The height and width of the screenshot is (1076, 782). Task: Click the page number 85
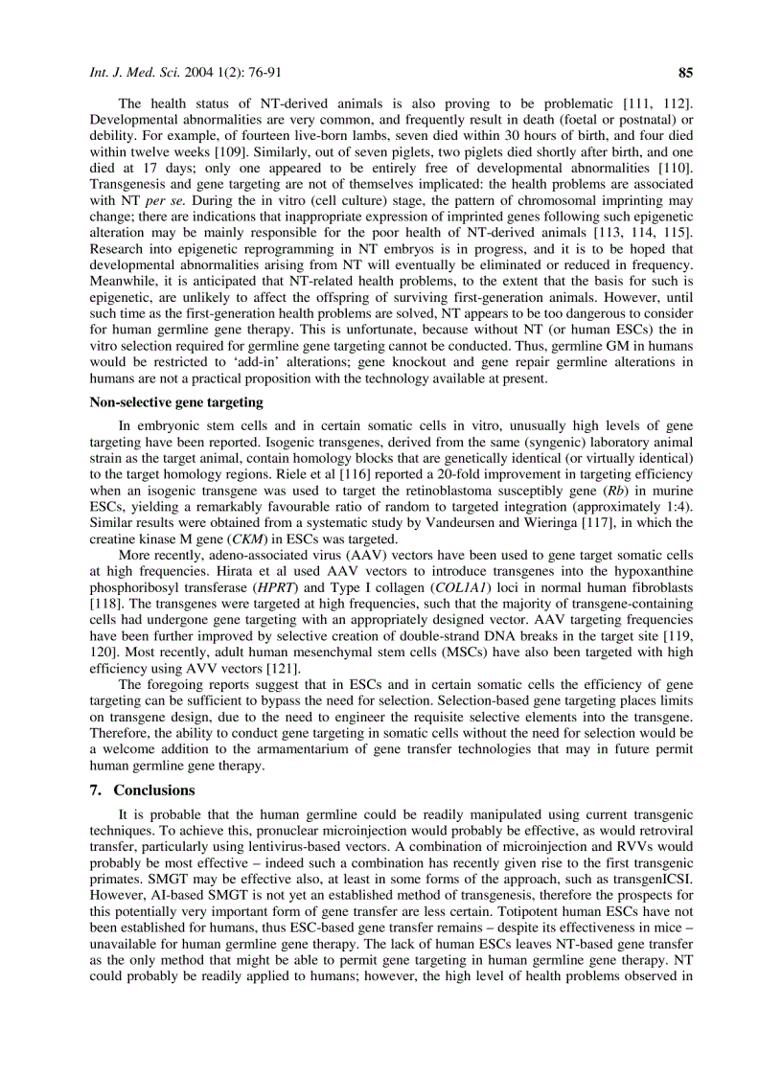coord(685,72)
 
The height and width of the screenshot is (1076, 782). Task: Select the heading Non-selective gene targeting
coord(175,402)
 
